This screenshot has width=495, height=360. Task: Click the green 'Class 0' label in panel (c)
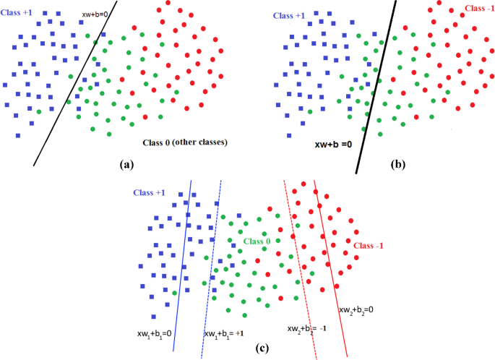[x=257, y=241]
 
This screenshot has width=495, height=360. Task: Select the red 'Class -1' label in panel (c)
[x=369, y=246]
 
